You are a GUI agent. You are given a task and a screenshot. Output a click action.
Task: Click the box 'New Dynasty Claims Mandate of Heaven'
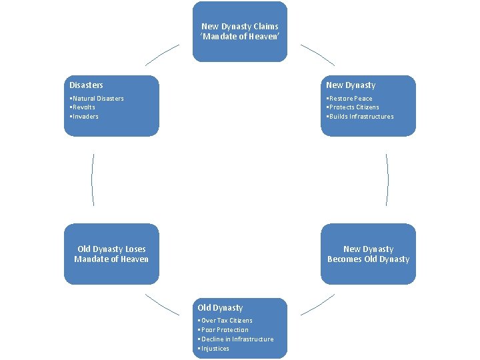(240, 31)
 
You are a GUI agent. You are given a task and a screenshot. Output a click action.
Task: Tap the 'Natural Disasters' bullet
(97, 99)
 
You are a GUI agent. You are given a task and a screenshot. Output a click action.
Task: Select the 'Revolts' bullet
(83, 107)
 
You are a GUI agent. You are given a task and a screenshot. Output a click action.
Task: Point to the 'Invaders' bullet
(85, 117)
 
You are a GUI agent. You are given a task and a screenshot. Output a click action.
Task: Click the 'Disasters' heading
(87, 85)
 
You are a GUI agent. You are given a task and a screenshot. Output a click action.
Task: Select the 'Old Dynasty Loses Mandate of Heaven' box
(111, 254)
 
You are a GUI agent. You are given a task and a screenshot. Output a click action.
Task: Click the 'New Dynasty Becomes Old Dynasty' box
(368, 254)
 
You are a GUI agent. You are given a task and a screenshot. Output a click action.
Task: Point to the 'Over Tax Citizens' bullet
(227, 321)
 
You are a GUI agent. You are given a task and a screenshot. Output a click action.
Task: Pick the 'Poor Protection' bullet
(225, 330)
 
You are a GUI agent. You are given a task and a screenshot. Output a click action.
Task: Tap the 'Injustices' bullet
(215, 349)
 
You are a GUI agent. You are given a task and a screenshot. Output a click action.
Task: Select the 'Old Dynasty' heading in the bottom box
(221, 308)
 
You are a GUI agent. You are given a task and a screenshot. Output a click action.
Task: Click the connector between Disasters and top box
(161, 55)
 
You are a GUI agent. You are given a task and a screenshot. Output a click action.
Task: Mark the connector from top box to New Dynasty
(318, 55)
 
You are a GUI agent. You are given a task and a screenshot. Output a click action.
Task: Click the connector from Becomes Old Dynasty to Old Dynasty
(318, 305)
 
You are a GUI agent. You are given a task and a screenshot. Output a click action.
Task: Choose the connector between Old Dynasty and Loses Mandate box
(161, 305)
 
